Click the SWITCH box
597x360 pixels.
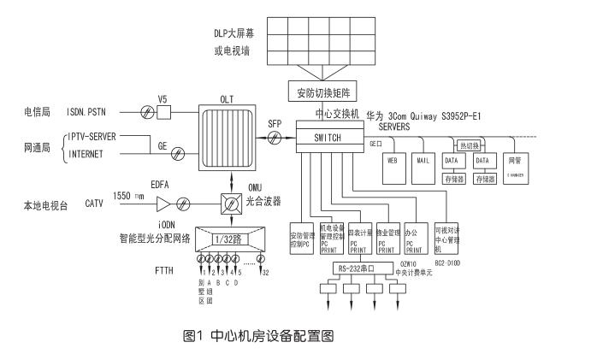(x=328, y=137)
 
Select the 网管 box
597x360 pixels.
(x=514, y=162)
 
